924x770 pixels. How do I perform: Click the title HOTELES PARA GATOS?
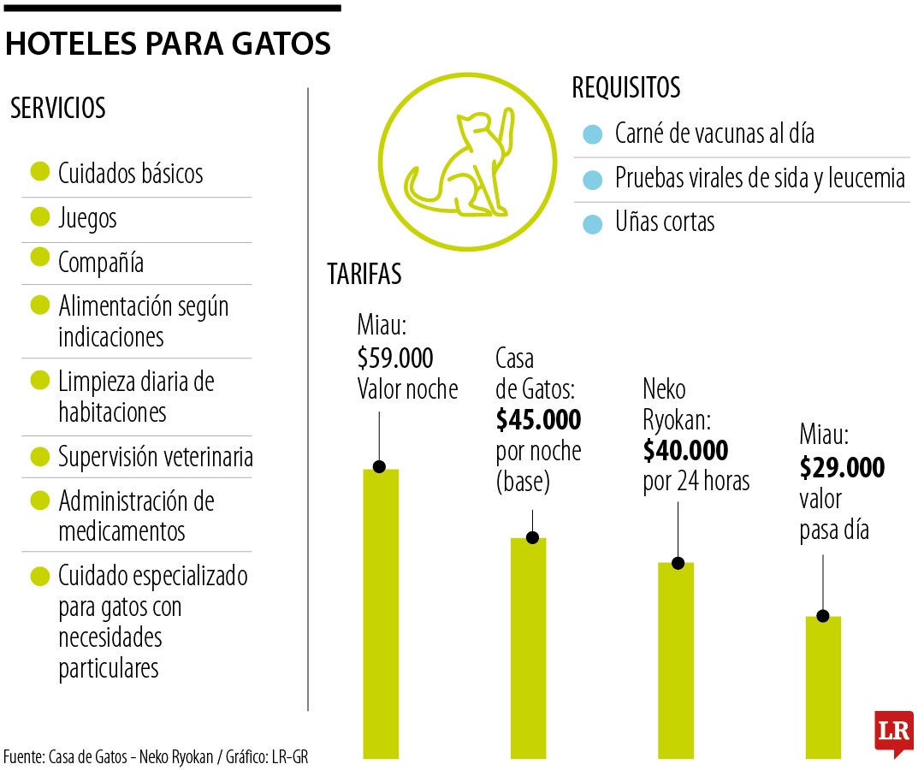pyautogui.click(x=168, y=44)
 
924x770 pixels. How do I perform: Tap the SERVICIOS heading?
pyautogui.click(x=58, y=109)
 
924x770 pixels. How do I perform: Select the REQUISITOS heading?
pyautogui.click(x=626, y=88)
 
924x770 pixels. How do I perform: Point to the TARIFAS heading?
pyautogui.click(x=364, y=275)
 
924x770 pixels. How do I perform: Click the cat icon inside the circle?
pyautogui.click(x=463, y=163)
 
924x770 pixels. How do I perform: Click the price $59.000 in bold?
pyautogui.click(x=395, y=358)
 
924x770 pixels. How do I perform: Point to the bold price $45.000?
pyautogui.click(x=538, y=420)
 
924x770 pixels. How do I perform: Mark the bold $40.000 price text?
pyautogui.click(x=685, y=450)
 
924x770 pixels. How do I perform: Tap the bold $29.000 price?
pyautogui.click(x=842, y=468)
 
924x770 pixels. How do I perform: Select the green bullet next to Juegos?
pyautogui.click(x=38, y=217)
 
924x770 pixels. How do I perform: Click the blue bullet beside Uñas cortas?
pyautogui.click(x=591, y=224)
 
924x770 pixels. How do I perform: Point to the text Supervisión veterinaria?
pyautogui.click(x=156, y=457)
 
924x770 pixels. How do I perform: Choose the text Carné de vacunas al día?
pyautogui.click(x=714, y=133)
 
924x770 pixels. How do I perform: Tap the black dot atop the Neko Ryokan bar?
pyautogui.click(x=678, y=563)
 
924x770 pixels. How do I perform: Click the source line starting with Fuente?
pyautogui.click(x=155, y=756)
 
